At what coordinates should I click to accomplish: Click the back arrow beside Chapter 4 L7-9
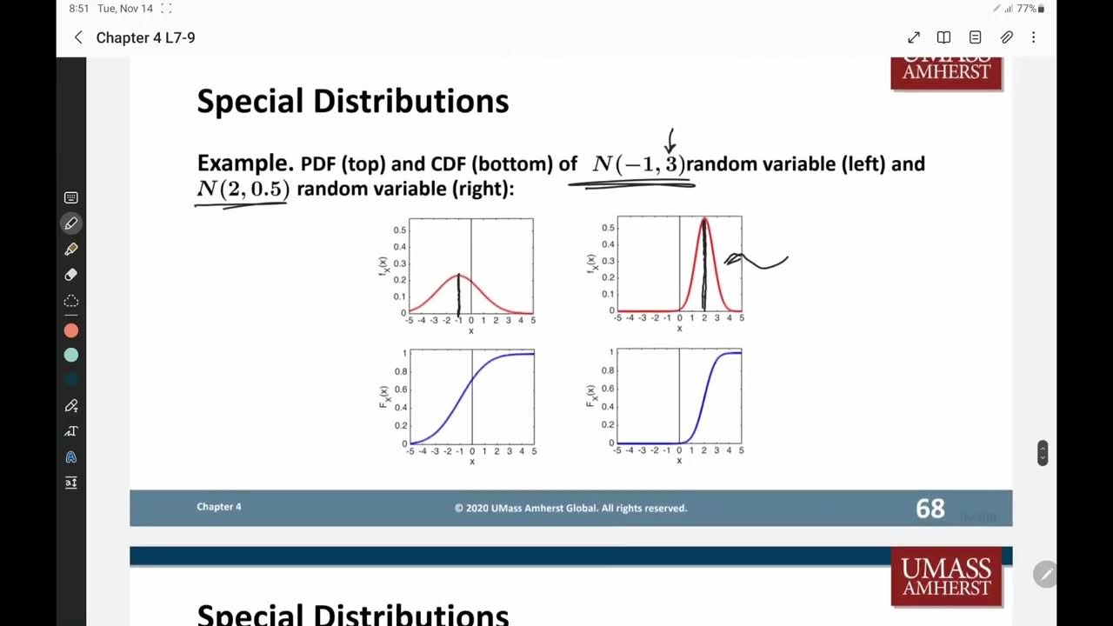(78, 37)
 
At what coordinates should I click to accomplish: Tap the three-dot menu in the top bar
(1033, 37)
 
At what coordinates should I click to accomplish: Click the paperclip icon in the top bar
(1006, 37)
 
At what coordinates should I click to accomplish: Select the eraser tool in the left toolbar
(71, 275)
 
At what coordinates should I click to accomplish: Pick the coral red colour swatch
(71, 330)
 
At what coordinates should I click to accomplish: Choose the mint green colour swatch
(71, 355)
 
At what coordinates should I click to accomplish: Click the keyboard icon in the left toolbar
(71, 198)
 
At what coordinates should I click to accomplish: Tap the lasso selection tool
(71, 301)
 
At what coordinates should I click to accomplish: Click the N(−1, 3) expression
(638, 163)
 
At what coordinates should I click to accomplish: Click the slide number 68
(930, 509)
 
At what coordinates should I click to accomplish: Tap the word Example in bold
(244, 163)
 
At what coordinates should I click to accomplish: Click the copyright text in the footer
(570, 508)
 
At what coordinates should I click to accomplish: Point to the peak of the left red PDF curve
(459, 276)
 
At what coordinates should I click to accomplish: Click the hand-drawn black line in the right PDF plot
(704, 265)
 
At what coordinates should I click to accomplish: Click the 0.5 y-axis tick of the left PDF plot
(400, 230)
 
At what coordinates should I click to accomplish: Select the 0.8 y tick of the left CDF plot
(400, 371)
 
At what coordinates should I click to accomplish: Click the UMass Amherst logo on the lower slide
(946, 577)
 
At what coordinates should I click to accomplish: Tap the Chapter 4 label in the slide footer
(219, 507)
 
